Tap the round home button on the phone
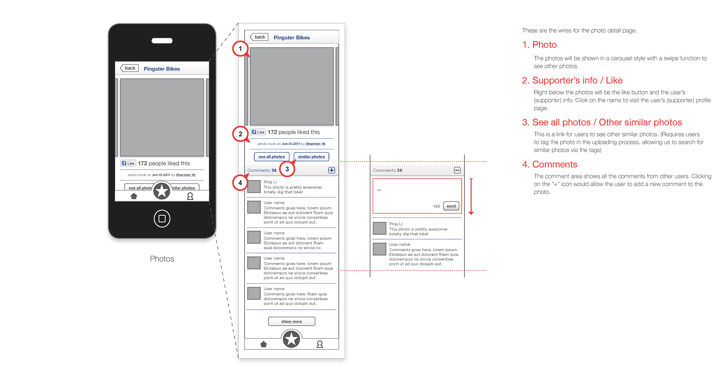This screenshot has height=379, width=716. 162,219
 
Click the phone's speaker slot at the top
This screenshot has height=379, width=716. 162,41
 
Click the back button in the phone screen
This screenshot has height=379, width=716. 129,68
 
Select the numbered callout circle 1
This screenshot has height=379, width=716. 240,49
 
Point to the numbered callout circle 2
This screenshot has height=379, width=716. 240,134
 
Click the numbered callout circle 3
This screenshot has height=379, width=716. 287,169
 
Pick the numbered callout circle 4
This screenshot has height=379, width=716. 240,183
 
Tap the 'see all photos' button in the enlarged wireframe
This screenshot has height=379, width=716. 272,157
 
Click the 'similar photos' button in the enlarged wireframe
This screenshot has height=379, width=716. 311,157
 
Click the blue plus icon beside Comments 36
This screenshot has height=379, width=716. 331,170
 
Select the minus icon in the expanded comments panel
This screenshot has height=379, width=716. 457,170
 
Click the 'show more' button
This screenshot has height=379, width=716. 292,321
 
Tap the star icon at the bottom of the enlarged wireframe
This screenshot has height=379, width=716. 291,339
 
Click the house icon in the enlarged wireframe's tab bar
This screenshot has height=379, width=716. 263,344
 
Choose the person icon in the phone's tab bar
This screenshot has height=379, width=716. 190,196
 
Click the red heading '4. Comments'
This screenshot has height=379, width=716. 550,164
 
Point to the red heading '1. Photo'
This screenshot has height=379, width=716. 539,45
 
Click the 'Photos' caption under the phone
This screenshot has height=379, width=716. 162,259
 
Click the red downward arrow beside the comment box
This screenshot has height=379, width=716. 471,197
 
